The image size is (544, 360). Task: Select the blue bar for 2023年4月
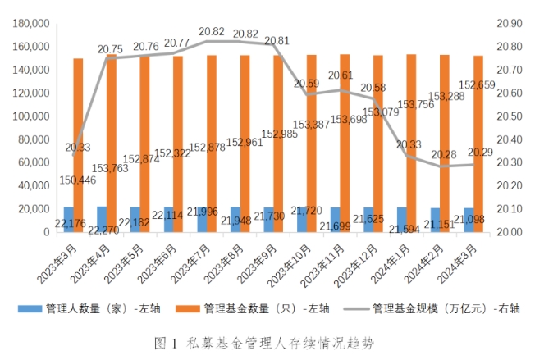click(x=102, y=219)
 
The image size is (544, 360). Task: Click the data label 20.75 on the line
click(x=111, y=49)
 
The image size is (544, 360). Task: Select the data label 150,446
click(x=76, y=180)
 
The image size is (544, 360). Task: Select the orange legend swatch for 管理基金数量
click(x=193, y=309)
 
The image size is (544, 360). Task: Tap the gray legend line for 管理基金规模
click(x=354, y=309)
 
